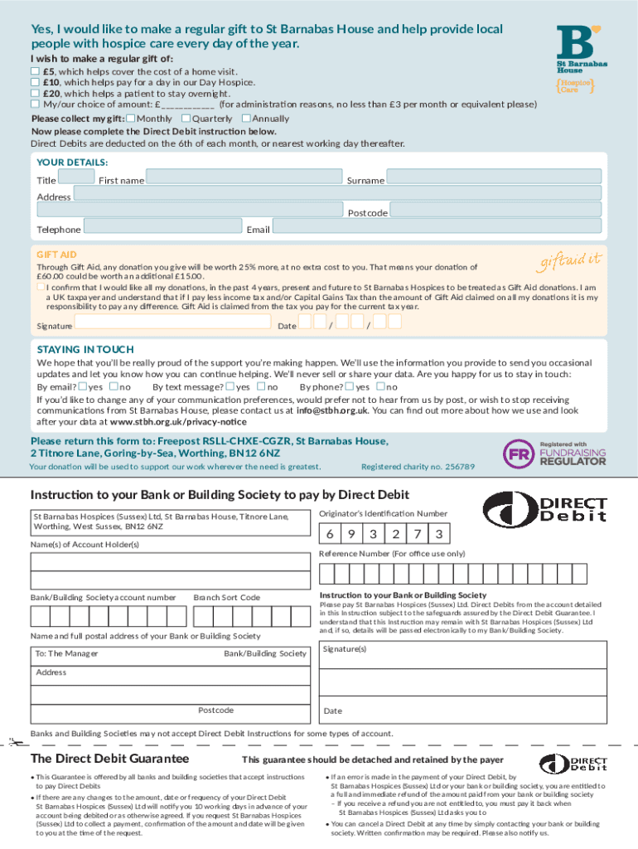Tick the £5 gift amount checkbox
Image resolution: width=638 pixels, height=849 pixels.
35,72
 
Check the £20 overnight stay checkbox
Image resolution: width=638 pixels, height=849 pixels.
35,94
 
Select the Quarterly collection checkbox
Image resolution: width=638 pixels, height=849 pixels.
186,119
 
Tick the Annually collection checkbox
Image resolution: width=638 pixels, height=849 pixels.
246,119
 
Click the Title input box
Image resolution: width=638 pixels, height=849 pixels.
77,177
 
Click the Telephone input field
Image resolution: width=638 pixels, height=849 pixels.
161,228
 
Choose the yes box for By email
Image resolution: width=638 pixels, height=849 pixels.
83,386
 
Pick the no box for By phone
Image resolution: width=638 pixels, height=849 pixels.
381,386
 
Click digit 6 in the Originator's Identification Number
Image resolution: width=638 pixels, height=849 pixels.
330,534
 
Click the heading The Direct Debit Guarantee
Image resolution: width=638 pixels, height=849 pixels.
109,759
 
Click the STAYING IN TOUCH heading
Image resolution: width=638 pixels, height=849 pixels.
85,349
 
